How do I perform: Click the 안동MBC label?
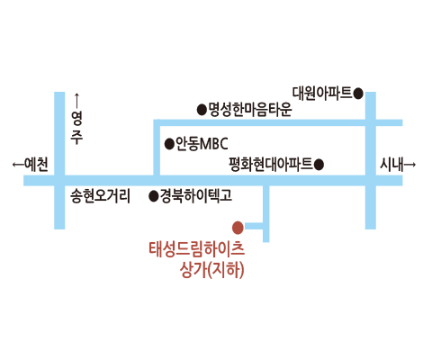point(202,144)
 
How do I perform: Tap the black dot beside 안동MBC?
point(169,144)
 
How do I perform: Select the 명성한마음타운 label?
point(250,110)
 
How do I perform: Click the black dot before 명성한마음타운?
point(202,110)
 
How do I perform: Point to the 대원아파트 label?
point(322,93)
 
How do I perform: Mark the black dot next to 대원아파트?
point(358,94)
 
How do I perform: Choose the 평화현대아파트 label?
point(271,164)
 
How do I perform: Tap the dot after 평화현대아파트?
point(319,165)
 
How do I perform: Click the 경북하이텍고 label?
point(196,196)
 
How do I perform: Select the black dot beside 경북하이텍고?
point(154,196)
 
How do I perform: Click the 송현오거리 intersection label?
point(101,196)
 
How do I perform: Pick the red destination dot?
point(238,228)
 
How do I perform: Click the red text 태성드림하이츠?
point(196,249)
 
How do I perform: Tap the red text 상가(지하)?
point(211,270)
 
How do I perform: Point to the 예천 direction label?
point(36,165)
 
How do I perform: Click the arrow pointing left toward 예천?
point(18,165)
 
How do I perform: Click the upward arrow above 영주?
point(76,101)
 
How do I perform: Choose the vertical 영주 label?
point(76,128)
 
